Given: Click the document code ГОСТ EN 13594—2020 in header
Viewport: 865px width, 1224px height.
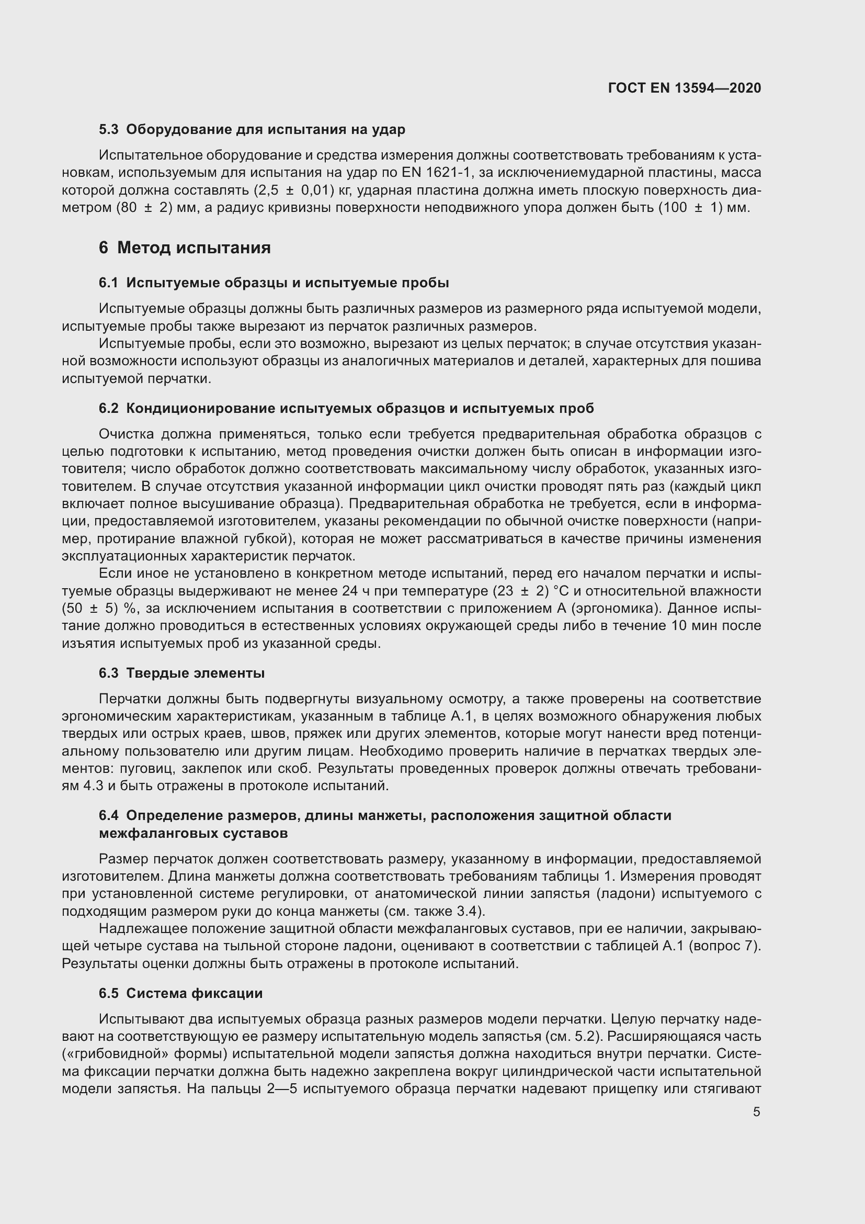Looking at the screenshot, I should click(x=684, y=88).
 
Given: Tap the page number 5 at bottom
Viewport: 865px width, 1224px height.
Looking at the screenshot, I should click(x=756, y=1111).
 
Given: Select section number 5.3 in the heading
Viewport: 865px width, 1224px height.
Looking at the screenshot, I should click(x=109, y=130).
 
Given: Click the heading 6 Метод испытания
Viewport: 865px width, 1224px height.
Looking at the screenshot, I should click(x=184, y=248).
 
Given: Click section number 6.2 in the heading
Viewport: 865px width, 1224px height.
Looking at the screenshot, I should click(x=109, y=408).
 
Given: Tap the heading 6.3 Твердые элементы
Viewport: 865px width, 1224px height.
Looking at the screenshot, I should click(x=181, y=673).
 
